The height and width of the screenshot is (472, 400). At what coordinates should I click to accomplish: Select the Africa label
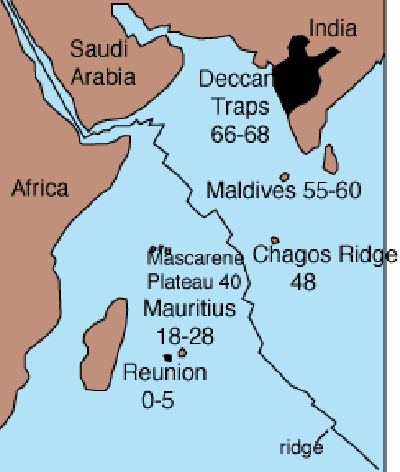(39, 187)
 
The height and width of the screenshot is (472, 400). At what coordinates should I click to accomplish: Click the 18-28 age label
(186, 335)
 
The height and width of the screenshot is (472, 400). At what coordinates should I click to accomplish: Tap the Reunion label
(165, 373)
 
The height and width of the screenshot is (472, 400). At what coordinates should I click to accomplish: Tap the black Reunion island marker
(167, 357)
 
